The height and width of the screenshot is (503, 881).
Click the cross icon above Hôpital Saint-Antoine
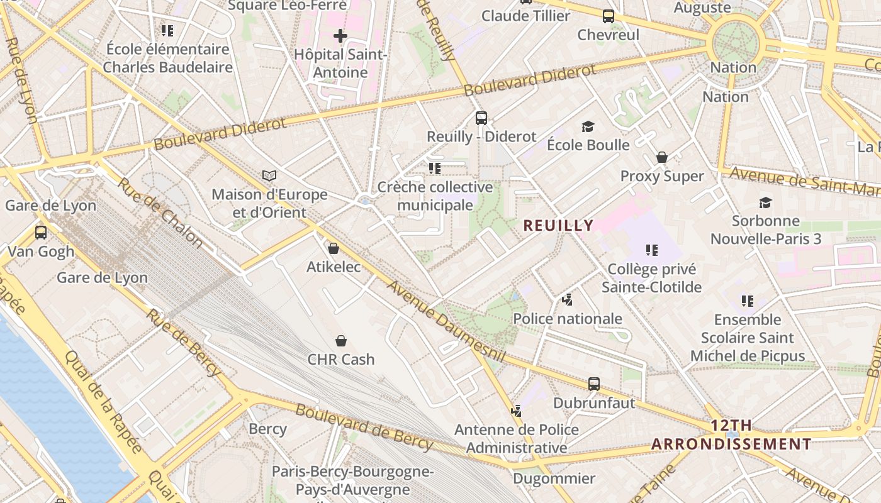(x=340, y=36)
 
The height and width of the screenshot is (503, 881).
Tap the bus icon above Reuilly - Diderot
(x=481, y=118)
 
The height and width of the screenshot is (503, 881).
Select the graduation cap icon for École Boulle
(x=588, y=126)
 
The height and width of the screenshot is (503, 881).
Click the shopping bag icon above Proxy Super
(x=661, y=157)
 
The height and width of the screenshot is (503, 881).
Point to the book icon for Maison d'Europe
(x=269, y=175)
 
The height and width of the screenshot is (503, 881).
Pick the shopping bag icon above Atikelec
(x=334, y=248)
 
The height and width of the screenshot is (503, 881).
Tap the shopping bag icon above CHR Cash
(x=340, y=341)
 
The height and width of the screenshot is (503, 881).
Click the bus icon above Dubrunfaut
(x=593, y=384)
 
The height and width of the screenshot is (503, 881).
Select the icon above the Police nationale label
(x=567, y=300)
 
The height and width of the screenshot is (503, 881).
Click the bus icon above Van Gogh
(x=41, y=233)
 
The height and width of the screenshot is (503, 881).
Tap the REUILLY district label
(x=558, y=225)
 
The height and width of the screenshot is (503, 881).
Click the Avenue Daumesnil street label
(x=446, y=321)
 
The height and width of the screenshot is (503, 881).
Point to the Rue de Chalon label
(x=160, y=213)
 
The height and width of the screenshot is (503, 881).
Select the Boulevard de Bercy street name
(x=364, y=427)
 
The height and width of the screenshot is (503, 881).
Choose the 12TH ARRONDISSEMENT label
(x=731, y=434)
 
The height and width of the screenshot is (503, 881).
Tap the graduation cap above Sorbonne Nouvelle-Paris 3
(x=765, y=202)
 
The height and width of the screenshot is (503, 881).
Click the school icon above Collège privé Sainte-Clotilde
(x=651, y=250)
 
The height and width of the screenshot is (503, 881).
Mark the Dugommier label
(x=554, y=478)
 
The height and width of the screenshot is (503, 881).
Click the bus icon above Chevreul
(x=608, y=16)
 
